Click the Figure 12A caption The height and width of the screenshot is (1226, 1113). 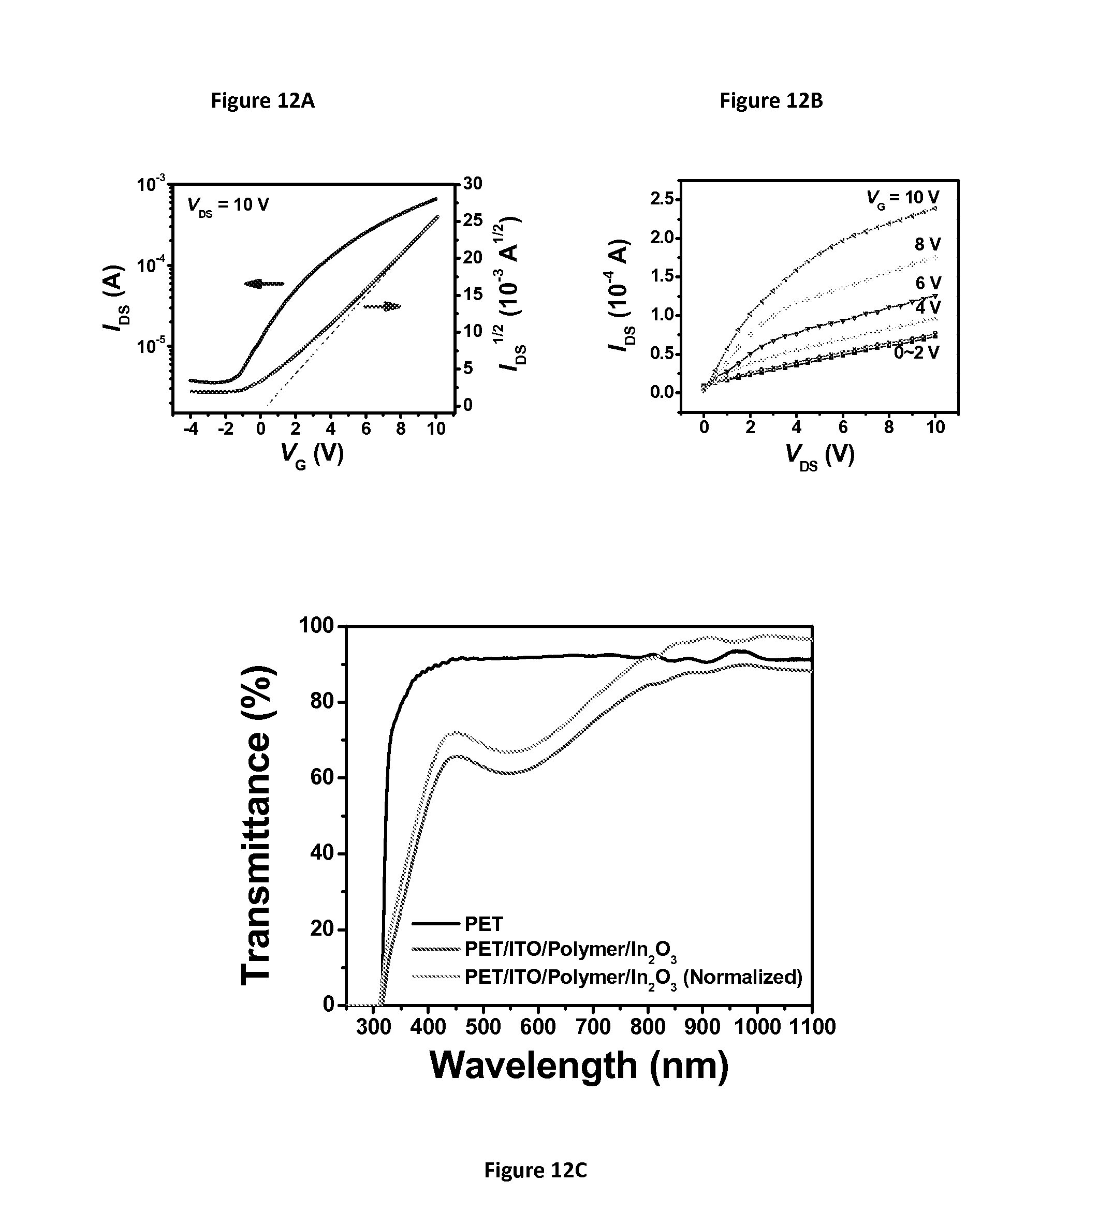coord(263,101)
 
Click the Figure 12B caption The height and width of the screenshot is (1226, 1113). coord(771,101)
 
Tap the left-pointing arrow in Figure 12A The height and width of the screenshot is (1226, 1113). coord(264,284)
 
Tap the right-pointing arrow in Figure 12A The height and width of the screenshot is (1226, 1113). coord(383,306)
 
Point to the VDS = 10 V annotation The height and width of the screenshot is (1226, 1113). coord(228,205)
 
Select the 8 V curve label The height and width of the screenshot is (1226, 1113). coord(928,244)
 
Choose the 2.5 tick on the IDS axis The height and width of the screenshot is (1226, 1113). coord(662,199)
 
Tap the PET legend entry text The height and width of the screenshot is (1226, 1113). coord(484,924)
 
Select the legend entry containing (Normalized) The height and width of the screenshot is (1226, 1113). coord(633,977)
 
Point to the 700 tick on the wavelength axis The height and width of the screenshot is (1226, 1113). coord(593,1027)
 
